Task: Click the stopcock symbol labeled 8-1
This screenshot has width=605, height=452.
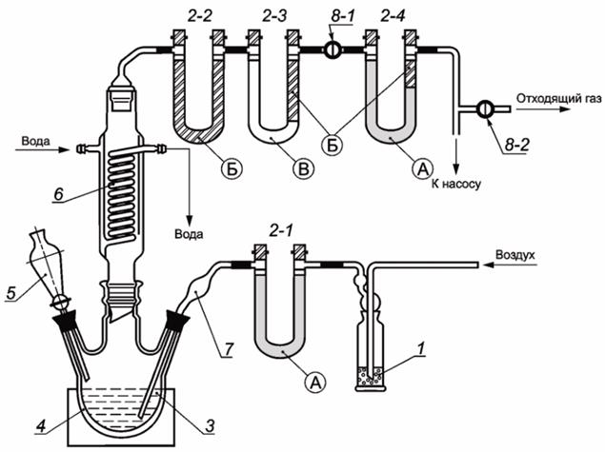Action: (332, 49)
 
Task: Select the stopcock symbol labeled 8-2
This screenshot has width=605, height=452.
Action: (484, 109)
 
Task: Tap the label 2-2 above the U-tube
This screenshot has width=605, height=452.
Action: (200, 16)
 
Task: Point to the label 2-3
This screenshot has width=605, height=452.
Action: (274, 16)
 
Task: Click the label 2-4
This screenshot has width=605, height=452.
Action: (393, 16)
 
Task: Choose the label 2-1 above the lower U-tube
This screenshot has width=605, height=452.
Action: (281, 230)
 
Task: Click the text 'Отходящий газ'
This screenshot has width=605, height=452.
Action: (558, 99)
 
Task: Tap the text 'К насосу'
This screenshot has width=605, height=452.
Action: (456, 185)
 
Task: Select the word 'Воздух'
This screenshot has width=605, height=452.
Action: (515, 255)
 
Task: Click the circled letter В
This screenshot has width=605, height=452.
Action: (303, 168)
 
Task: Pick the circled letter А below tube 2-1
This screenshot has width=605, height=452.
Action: (315, 383)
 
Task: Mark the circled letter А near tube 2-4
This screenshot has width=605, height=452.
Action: (423, 168)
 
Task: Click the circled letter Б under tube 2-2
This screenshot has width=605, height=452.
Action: (232, 168)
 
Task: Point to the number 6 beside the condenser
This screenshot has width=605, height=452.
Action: (58, 194)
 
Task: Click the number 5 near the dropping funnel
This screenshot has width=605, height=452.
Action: (11, 293)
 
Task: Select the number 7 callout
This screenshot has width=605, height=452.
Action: (229, 350)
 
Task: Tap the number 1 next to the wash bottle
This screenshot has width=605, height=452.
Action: (421, 348)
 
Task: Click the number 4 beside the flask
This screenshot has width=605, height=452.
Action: (41, 426)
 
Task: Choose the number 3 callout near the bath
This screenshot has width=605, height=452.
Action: (209, 426)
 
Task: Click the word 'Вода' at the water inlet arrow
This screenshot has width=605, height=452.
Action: (35, 141)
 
